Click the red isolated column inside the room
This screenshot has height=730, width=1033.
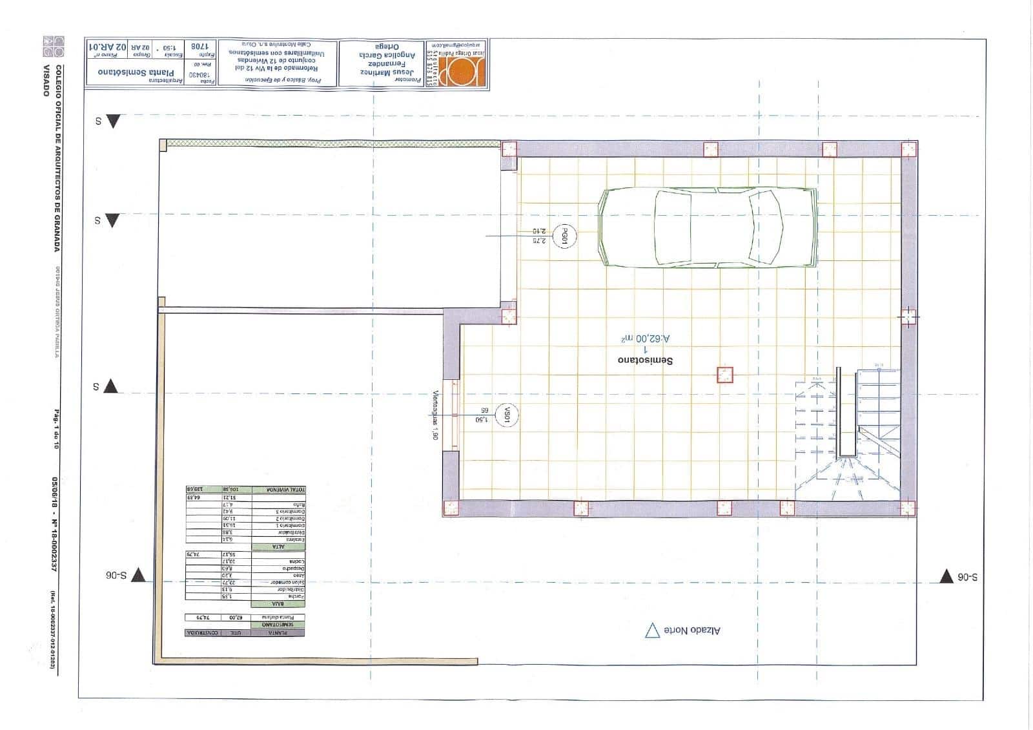[725, 374]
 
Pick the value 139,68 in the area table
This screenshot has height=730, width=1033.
[195, 490]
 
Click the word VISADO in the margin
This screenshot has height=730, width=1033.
[46, 80]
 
